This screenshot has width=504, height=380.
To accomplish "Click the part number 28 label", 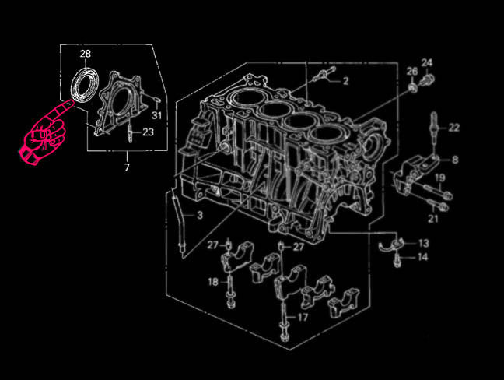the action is pos(86,54).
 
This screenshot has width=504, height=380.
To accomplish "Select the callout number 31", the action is pos(156,115).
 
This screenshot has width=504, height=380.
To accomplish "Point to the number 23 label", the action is pos(148,132).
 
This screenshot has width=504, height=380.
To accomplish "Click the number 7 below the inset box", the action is pos(127,167).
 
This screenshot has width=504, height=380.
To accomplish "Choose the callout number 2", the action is pos(345,81).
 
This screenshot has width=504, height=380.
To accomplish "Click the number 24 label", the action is pos(427,62).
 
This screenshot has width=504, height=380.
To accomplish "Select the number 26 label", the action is pos(412,72).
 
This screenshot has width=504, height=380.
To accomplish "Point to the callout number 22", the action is pos(453,128).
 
